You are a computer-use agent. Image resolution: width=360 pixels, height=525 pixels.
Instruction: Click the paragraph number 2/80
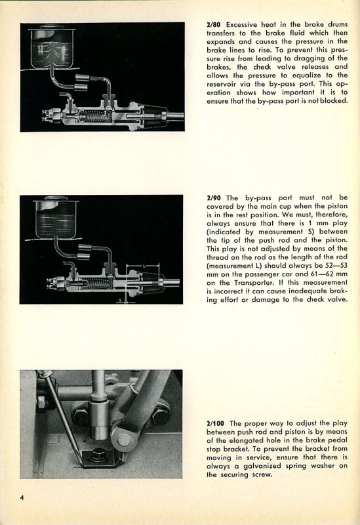(214, 24)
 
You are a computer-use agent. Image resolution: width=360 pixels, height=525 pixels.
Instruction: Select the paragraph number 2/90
(214, 198)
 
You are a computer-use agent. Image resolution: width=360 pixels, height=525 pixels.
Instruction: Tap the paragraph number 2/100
(216, 423)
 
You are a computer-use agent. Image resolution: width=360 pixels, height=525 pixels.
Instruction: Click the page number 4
(22, 497)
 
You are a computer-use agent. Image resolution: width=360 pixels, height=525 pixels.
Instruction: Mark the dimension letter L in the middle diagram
(143, 265)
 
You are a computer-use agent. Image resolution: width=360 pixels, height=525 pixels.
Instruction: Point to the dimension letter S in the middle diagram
(121, 300)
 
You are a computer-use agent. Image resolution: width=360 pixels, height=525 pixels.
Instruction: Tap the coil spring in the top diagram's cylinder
(92, 116)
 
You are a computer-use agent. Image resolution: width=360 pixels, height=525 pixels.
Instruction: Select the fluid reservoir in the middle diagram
(56, 219)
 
